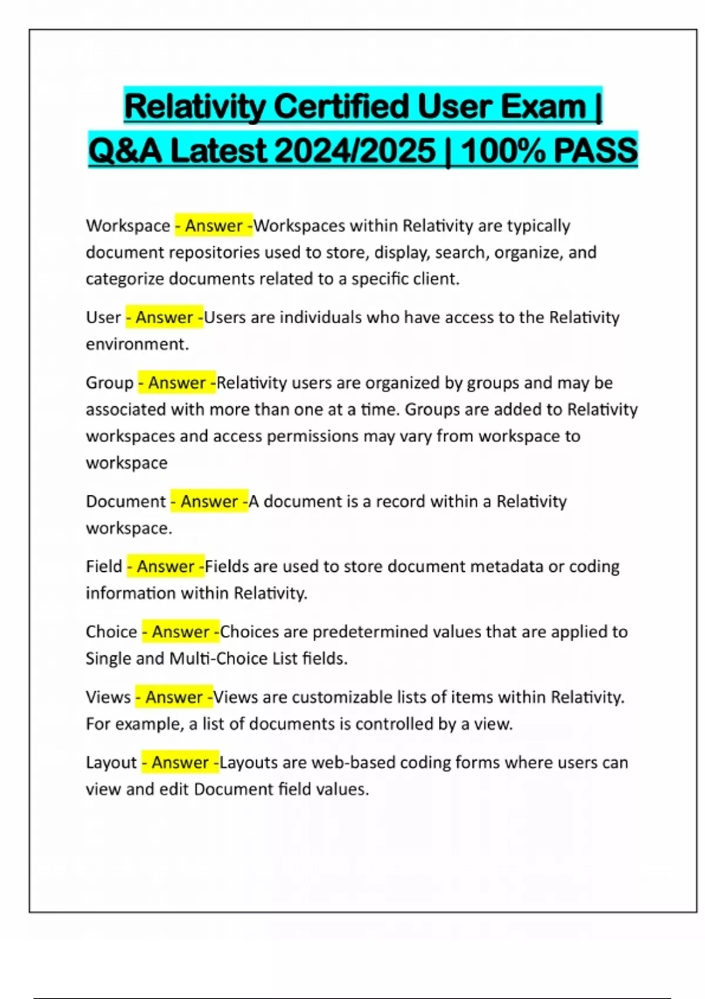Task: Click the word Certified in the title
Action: (341, 107)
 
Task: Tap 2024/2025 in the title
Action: (355, 150)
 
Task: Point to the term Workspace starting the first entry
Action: (127, 226)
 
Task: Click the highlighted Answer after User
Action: (164, 317)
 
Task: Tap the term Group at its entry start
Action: (109, 383)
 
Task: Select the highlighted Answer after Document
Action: (209, 501)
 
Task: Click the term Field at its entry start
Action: (103, 566)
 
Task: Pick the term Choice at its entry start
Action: (111, 632)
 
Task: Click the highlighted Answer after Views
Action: (174, 697)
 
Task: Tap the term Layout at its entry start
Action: (111, 762)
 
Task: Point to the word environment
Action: (136, 344)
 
